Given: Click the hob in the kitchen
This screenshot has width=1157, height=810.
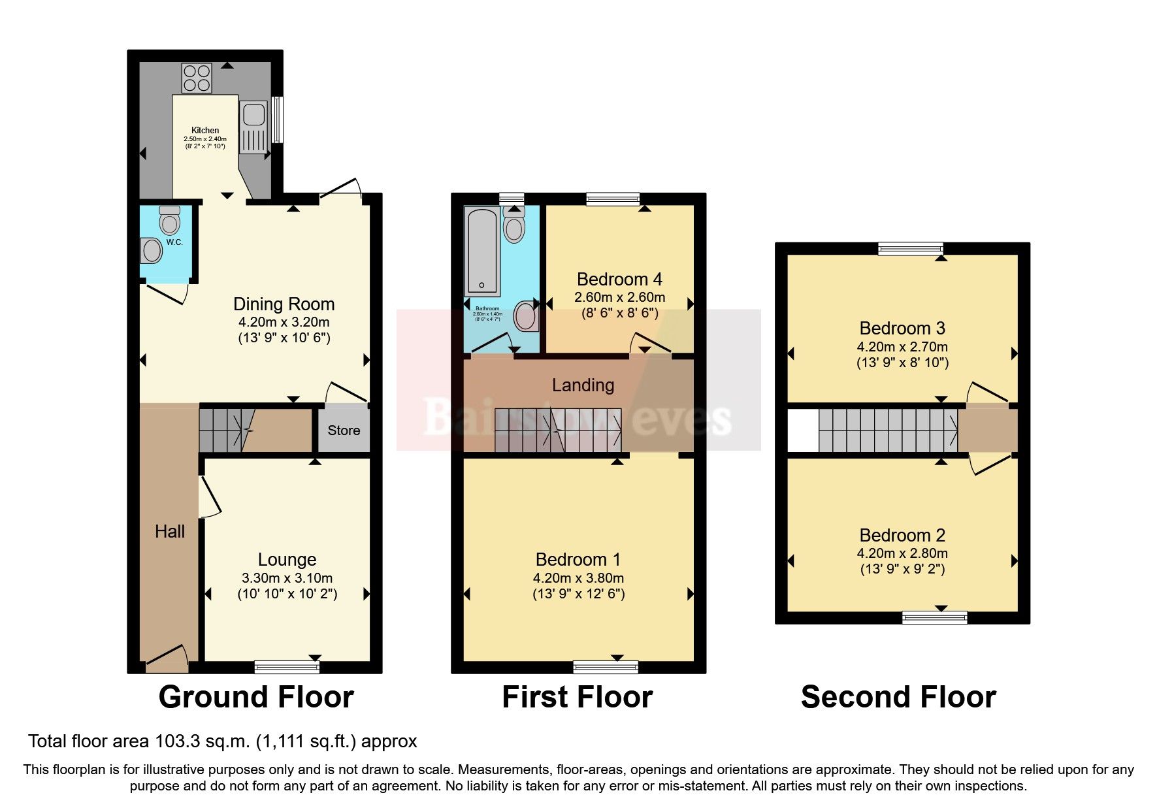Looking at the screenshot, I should [x=197, y=78].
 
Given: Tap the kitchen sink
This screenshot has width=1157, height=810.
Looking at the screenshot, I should [x=253, y=114].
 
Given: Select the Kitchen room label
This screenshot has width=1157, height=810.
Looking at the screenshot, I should [x=205, y=130].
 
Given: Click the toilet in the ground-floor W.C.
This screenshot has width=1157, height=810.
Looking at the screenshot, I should [x=170, y=221].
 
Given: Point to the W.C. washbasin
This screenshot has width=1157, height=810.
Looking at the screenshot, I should [x=152, y=250].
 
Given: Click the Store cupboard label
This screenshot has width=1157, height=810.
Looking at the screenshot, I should [x=344, y=430].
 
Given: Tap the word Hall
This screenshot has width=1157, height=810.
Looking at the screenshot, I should [x=170, y=532].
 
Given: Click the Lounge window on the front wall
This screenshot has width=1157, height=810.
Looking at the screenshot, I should [x=287, y=666].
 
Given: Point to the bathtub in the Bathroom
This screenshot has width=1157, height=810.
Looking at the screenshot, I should [x=482, y=251].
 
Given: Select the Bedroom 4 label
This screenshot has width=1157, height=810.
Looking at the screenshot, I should [x=619, y=280].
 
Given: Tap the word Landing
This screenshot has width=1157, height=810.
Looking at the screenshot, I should [x=583, y=385].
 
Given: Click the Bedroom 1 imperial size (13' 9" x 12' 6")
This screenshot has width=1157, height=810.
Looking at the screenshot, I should [x=578, y=594].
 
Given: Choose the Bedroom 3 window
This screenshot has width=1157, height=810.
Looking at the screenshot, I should [x=911, y=248].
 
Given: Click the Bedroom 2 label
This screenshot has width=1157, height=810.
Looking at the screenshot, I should [x=902, y=536].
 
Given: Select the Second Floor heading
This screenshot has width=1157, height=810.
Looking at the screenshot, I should [x=898, y=697].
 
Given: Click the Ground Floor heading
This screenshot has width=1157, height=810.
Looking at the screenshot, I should [x=256, y=697].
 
